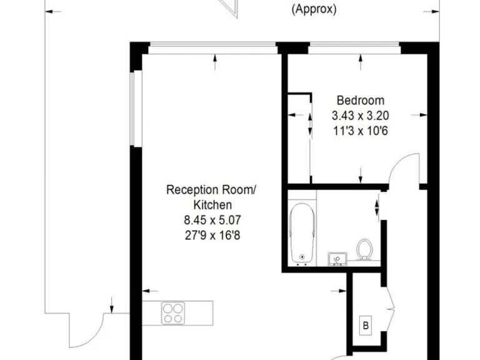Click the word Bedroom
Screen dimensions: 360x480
tap(361, 100)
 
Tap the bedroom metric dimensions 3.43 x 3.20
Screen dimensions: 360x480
tap(361, 115)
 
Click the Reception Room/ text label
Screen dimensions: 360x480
tap(211, 189)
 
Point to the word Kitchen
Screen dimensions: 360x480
tap(211, 204)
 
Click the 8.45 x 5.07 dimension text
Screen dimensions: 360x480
tap(211, 219)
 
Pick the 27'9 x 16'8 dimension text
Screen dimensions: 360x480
tap(211, 234)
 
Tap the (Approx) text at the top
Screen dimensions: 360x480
tap(314, 9)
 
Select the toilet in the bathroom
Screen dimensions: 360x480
tap(364, 249)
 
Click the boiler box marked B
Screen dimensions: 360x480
tap(366, 325)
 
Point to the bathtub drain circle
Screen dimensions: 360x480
tap(302, 256)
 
